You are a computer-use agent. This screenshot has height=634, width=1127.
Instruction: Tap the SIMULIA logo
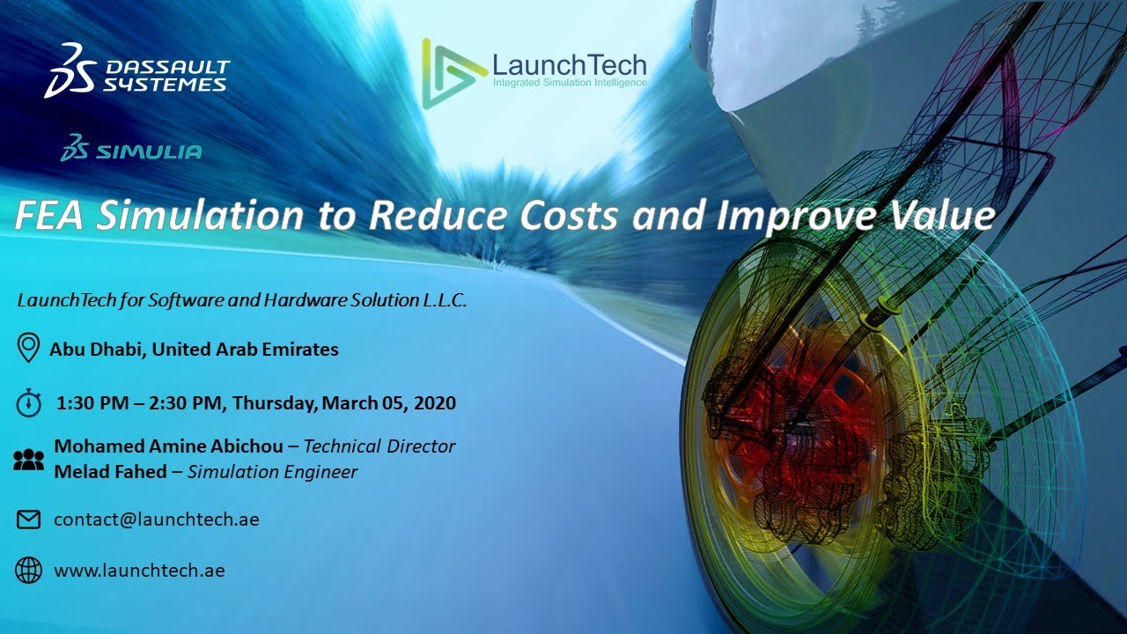[x=131, y=150]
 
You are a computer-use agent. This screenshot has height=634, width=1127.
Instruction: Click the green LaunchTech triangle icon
[x=451, y=73]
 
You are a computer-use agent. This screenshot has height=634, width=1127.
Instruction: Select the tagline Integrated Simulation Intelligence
[x=569, y=84]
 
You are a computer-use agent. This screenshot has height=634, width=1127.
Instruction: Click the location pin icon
[x=29, y=348]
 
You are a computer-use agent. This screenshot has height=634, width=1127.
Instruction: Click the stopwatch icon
[x=29, y=402]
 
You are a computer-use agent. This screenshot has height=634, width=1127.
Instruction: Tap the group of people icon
[x=29, y=459]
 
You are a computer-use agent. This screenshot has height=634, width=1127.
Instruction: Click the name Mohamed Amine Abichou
[x=168, y=446]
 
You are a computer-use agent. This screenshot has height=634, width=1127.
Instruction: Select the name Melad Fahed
[x=110, y=472]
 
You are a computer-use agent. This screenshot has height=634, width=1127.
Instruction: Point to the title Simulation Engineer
[x=272, y=472]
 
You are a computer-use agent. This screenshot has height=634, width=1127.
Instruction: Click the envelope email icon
[x=29, y=520]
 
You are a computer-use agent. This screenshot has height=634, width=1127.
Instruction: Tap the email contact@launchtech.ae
[x=156, y=520]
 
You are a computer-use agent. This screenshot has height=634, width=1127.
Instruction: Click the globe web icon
[x=29, y=571]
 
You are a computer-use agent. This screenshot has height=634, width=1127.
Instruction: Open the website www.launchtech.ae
[x=139, y=571]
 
